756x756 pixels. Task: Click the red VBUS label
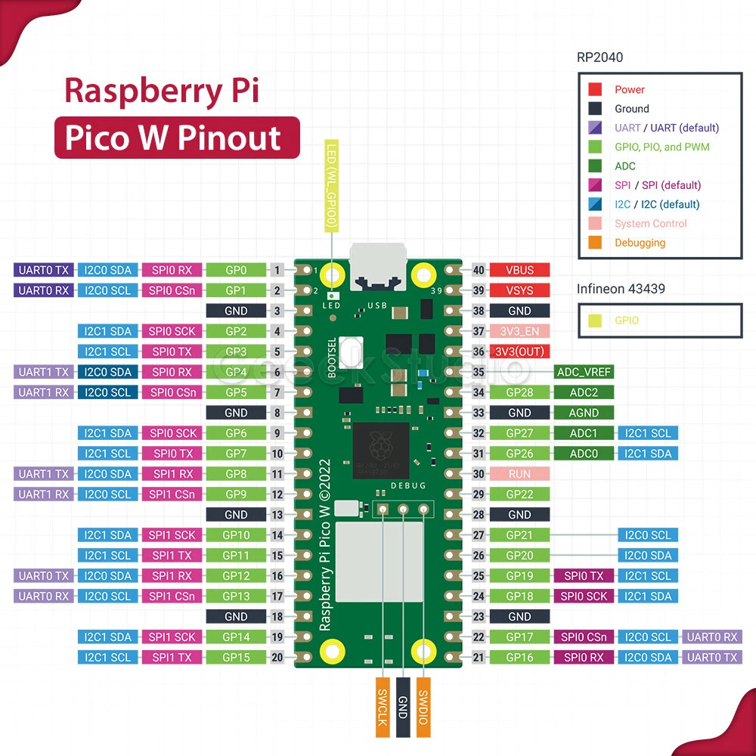[x=519, y=270]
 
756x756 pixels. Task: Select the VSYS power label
[x=519, y=290]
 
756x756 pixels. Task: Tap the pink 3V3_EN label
[x=519, y=331]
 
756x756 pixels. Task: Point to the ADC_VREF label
[x=584, y=372]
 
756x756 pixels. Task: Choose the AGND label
[x=584, y=413]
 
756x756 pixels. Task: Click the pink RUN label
[x=519, y=474]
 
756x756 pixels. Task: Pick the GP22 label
[x=519, y=494]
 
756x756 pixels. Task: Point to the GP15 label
[x=237, y=658]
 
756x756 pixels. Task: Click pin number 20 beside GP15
[x=277, y=658]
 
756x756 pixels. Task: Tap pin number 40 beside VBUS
[x=478, y=270]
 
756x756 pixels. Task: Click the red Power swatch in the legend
[x=595, y=89]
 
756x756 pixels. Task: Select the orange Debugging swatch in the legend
[x=595, y=243]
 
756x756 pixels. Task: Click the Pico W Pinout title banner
[x=177, y=138]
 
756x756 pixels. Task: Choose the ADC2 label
[x=584, y=392]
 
